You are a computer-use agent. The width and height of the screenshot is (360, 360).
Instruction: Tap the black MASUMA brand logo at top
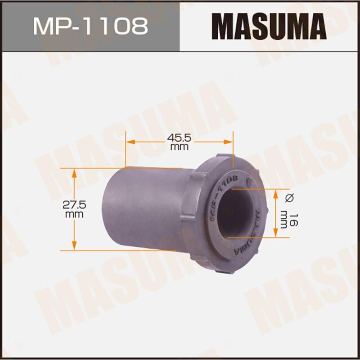coord(269,26)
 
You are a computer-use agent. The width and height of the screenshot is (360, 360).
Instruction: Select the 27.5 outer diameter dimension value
coord(74,205)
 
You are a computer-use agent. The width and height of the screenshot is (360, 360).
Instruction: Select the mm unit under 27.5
coord(74,214)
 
